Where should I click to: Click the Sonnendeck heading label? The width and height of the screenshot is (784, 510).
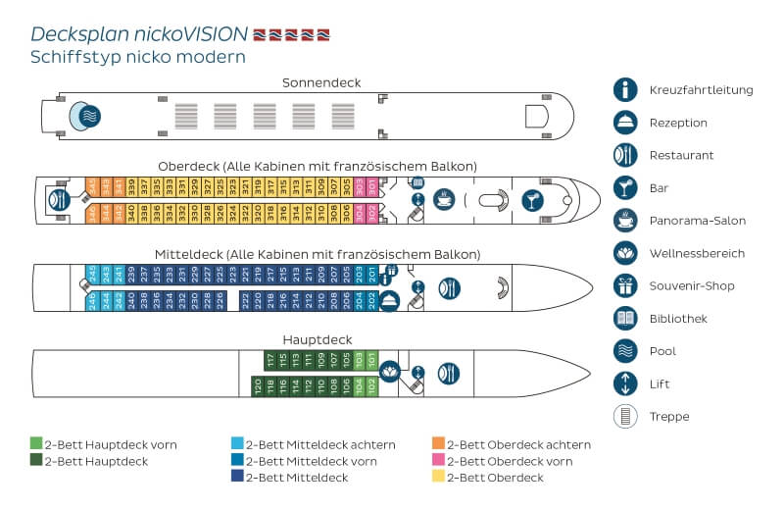(320, 82)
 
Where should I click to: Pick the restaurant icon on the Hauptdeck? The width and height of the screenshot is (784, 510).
(448, 373)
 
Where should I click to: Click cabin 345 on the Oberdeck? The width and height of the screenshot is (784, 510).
(91, 184)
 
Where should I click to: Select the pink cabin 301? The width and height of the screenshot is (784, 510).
(371, 184)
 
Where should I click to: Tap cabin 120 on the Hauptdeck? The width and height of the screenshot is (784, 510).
(258, 386)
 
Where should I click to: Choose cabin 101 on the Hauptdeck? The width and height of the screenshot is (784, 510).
(371, 359)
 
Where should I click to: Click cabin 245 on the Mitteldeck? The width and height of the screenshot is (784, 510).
(91, 273)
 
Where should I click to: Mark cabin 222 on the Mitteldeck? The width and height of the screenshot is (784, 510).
(245, 301)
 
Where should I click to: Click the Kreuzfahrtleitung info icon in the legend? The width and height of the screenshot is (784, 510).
(625, 90)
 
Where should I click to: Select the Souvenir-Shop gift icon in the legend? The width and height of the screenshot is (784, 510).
(625, 286)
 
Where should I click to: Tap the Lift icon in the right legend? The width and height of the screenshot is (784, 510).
(625, 383)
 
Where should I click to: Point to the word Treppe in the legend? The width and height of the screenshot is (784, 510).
(668, 417)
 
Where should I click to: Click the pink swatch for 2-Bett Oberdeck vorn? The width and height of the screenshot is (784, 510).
(439, 461)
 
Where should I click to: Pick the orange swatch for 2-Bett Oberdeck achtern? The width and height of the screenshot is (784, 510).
(439, 444)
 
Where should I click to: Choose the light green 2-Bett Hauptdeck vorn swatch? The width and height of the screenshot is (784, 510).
(36, 444)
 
